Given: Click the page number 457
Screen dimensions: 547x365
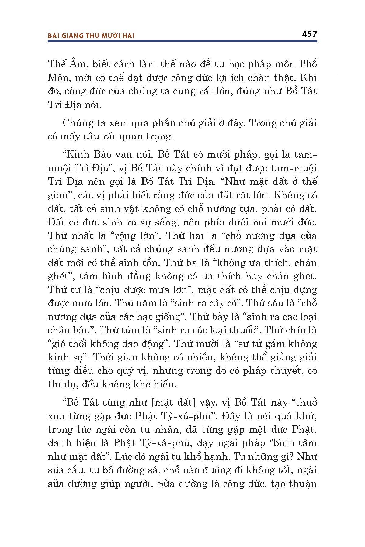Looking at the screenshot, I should tap(310, 34).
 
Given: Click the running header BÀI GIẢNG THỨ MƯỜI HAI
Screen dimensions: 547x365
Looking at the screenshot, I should tap(91, 36).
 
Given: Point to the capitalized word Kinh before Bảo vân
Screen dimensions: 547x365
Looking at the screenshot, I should tap(74, 154).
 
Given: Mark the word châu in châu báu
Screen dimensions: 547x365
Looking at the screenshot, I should tap(59, 330).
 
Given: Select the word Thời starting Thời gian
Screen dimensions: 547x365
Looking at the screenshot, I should tap(102, 357).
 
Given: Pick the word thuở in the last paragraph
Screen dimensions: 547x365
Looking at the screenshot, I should tap(306, 402).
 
